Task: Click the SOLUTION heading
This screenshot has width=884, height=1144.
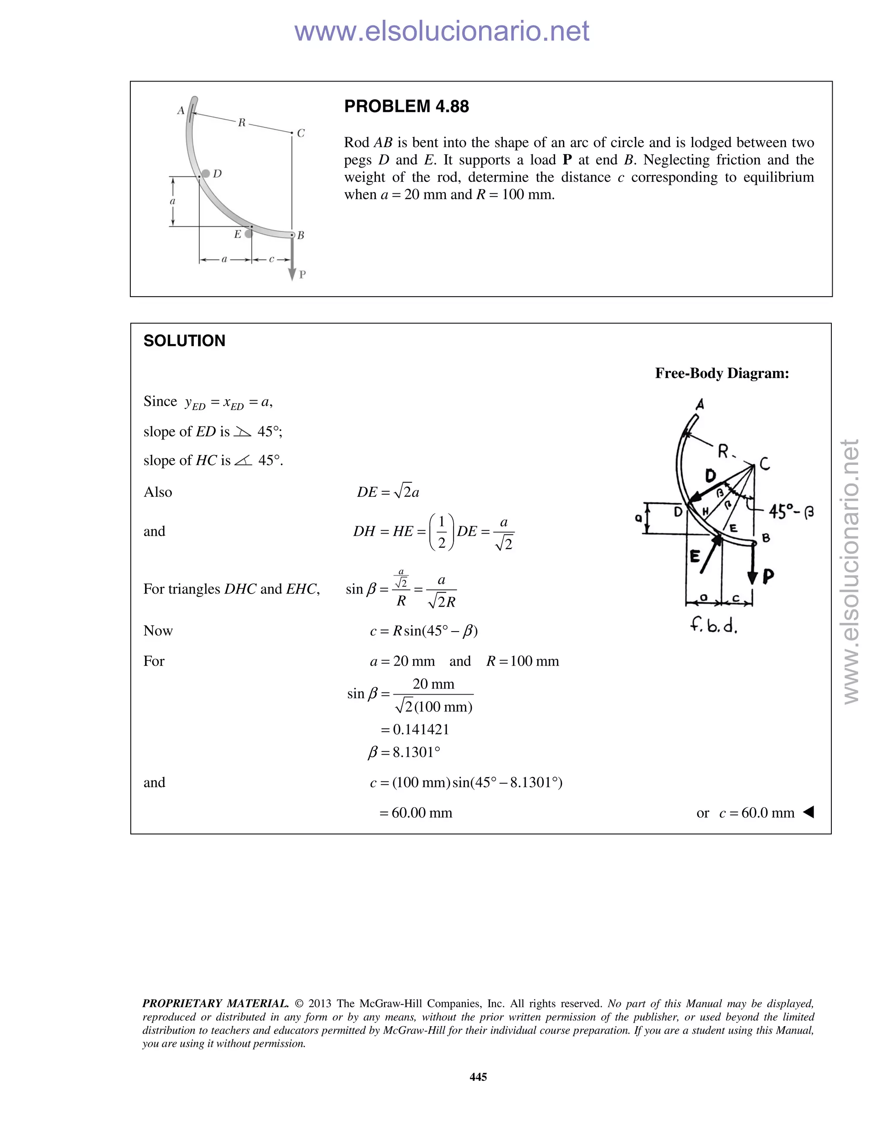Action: (x=184, y=341)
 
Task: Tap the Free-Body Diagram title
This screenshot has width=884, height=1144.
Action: (x=722, y=373)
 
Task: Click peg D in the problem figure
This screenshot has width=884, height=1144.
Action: (x=206, y=174)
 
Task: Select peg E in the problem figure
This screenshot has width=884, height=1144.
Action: (x=248, y=234)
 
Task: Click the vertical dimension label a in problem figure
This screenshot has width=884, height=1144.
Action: (x=172, y=201)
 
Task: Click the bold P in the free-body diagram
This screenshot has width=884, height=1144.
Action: (x=768, y=577)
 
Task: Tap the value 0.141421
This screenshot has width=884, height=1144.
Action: (x=420, y=729)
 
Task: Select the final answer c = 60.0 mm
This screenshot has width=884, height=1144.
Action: (x=757, y=813)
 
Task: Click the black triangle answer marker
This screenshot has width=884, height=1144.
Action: (x=808, y=812)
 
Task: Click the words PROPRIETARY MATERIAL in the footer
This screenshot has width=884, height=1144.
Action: (x=215, y=1004)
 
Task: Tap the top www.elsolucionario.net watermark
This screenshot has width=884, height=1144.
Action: (x=442, y=31)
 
